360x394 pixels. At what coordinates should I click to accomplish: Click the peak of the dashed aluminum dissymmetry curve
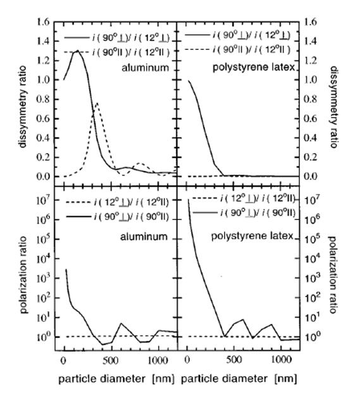pyautogui.click(x=97, y=102)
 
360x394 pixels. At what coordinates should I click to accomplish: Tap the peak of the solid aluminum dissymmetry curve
pyautogui.click(x=78, y=51)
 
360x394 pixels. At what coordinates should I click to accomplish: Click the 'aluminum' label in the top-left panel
pyautogui.click(x=145, y=68)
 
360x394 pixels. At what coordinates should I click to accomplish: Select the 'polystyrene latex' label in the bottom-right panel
pyautogui.click(x=252, y=236)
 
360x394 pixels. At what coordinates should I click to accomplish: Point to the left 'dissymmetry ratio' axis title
pyautogui.click(x=23, y=107)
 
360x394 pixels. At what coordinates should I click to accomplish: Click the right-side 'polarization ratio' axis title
pyautogui.click(x=332, y=274)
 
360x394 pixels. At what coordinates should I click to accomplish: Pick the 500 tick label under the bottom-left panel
pyautogui.click(x=110, y=360)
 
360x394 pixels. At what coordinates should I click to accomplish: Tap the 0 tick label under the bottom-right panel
pyautogui.click(x=187, y=360)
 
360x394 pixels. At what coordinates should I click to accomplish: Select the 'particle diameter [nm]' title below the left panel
pyautogui.click(x=116, y=379)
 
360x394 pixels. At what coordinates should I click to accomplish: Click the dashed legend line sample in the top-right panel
pyautogui.click(x=197, y=49)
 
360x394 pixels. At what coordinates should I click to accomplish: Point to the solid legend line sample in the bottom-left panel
pyautogui.click(x=78, y=216)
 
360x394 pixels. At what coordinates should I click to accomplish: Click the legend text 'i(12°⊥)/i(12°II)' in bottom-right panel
pyautogui.click(x=257, y=199)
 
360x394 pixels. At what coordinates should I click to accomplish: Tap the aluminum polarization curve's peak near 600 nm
pyautogui.click(x=121, y=323)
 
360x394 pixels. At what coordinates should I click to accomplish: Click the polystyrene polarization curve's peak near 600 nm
pyautogui.click(x=243, y=319)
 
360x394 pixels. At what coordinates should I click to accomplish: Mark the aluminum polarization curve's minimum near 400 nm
pyautogui.click(x=102, y=344)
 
